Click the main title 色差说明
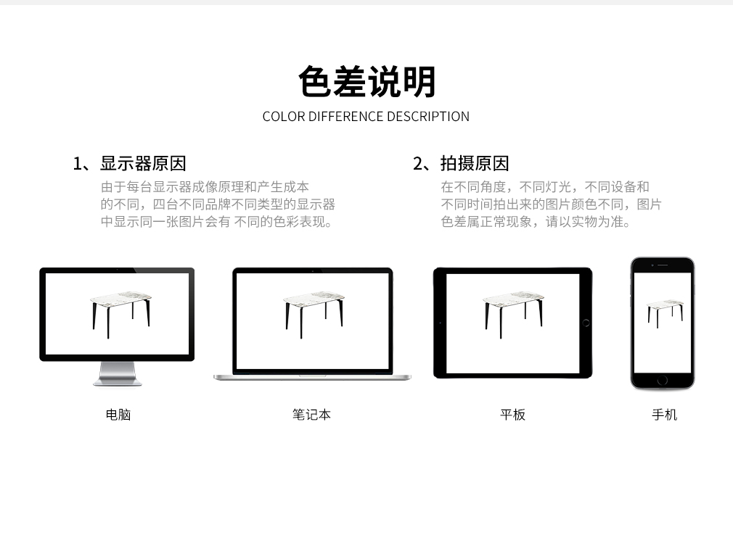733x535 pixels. point(367,82)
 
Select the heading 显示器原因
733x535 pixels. point(143,163)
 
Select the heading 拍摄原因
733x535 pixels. point(475,163)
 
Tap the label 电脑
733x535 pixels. point(118,415)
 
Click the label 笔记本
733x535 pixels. point(311,415)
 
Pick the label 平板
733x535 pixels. point(513,415)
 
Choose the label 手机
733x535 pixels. point(664,415)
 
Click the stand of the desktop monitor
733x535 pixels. point(118,374)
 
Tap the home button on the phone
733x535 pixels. point(663,381)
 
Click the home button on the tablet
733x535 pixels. point(586,323)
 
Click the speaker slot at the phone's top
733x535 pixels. point(663,265)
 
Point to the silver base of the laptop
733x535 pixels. point(312,377)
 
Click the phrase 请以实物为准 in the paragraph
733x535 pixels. point(588,222)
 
